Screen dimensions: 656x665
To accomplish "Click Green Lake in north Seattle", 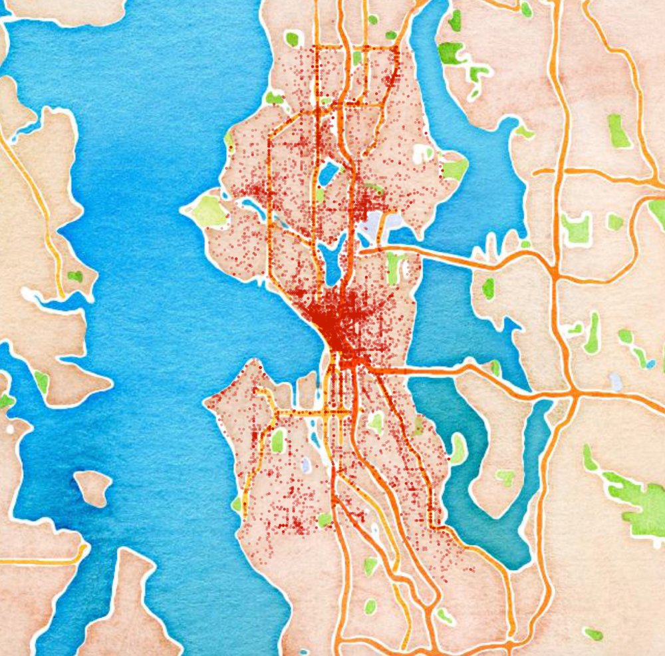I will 328,175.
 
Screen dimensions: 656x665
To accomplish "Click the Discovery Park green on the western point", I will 209,210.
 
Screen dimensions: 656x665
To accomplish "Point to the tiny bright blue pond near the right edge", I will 650,365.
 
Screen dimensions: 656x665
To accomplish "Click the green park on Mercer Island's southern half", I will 505,477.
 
